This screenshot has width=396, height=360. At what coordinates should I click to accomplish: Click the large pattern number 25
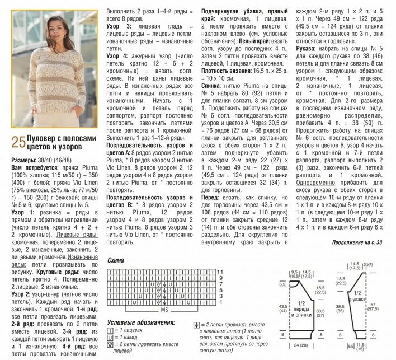[17, 144]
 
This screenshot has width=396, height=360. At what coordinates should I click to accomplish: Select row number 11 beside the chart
[221, 272]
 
